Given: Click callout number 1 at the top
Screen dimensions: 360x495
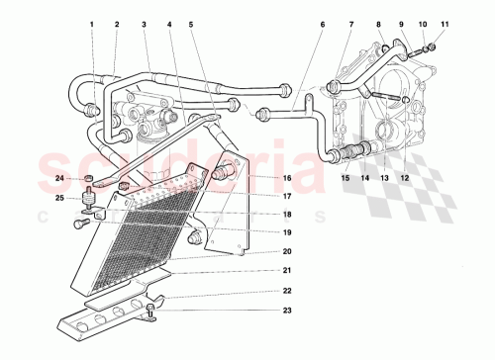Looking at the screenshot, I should (x=91, y=24).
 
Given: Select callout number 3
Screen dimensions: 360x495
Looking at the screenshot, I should (x=144, y=24).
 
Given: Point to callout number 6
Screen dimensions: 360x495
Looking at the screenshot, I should (x=322, y=24).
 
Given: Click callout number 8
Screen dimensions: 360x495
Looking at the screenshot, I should (x=379, y=24).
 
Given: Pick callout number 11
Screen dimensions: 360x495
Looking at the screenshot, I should (x=445, y=24).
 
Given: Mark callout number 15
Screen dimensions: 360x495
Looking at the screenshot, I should (x=346, y=178).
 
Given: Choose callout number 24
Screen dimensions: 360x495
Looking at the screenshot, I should (x=59, y=179).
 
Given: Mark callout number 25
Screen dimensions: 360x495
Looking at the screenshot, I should (x=59, y=199).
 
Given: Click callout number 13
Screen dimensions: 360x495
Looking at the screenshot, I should (x=384, y=178).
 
